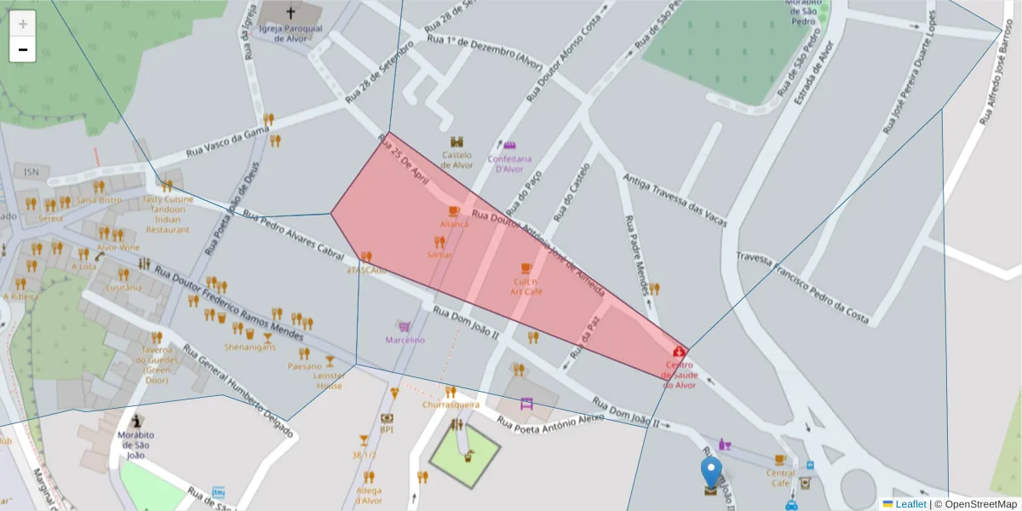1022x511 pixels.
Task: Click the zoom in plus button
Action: click(23, 24)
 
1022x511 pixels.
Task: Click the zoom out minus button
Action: click(23, 49)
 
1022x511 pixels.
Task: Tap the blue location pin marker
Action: click(710, 471)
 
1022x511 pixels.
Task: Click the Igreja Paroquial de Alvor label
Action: click(291, 32)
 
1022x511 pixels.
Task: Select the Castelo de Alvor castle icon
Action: click(456, 141)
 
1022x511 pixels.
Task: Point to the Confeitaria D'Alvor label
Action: click(509, 164)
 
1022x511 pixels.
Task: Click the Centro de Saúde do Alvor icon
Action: click(679, 351)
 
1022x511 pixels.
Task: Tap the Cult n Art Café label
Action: click(526, 286)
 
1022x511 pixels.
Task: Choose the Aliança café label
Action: click(454, 224)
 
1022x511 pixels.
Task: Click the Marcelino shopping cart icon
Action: click(404, 326)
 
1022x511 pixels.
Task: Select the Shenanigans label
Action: click(250, 347)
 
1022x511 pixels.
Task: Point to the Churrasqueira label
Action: click(451, 405)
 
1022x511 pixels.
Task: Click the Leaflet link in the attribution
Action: click(910, 503)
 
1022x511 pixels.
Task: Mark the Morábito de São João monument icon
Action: click(136, 420)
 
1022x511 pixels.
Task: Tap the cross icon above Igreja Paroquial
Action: click(291, 13)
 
